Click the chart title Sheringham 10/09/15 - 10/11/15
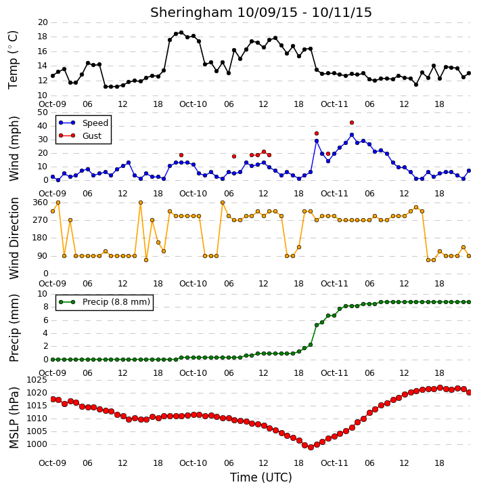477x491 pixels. coord(261,12)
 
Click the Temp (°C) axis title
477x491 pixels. coord(13,60)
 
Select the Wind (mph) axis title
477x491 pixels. coord(14,148)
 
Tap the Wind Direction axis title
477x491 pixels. coord(14,238)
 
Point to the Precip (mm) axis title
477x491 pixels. coord(14,328)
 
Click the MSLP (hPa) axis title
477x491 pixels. coord(14,418)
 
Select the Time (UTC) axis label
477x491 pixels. coord(261,477)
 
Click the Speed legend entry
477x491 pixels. coord(83,123)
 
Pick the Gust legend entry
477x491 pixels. coord(81,135)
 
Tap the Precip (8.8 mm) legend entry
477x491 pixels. coord(104,302)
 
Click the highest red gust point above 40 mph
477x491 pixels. coord(352,123)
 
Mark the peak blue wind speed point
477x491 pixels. coord(352,135)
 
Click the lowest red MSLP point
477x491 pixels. coord(311,447)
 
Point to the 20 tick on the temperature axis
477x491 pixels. coord(43,22)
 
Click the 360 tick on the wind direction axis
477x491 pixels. coord(41,202)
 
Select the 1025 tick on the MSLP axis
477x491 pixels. coord(37,380)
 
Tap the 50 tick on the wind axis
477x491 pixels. coord(43,112)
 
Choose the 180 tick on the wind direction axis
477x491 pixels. coord(41,238)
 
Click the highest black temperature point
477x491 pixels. coord(181,33)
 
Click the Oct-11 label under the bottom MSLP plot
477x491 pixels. coord(334,463)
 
